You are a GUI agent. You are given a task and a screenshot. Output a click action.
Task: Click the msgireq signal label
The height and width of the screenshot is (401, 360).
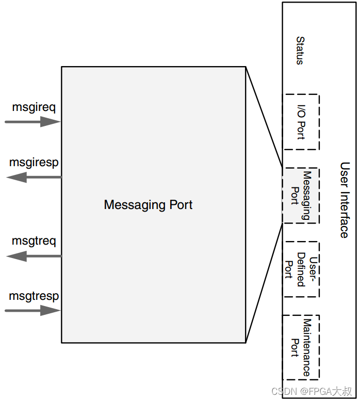34,107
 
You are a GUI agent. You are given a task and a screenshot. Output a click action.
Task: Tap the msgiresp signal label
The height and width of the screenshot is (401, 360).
34,163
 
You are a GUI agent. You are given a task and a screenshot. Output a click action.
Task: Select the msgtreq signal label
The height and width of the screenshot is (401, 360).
34,241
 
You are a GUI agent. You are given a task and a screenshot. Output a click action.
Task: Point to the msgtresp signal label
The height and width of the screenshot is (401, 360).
34,296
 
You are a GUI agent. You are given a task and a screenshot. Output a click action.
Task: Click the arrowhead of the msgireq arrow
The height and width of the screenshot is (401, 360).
51,122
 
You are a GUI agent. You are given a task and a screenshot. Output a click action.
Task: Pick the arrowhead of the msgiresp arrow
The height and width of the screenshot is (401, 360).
17,177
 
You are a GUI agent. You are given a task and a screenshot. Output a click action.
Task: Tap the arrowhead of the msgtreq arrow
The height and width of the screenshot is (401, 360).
17,256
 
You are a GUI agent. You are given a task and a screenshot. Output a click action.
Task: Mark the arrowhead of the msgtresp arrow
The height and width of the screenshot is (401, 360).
51,311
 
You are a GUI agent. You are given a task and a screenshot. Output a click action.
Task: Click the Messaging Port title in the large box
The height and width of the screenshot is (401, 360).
148,205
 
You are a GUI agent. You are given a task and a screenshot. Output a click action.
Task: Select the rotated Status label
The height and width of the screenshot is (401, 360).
300,51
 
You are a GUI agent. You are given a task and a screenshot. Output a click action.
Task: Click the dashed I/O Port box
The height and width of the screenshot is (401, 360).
301,122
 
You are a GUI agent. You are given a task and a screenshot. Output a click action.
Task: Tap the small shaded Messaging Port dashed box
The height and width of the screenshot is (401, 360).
301,196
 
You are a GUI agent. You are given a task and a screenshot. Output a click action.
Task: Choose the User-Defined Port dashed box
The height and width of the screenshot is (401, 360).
301,269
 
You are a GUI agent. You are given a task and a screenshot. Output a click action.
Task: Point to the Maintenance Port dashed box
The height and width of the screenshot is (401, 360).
301,347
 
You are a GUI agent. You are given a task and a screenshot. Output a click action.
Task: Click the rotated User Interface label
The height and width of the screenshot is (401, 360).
344,200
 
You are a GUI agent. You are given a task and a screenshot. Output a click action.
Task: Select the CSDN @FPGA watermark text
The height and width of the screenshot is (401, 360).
312,391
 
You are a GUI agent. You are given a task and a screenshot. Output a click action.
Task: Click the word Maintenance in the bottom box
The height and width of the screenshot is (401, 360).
307,347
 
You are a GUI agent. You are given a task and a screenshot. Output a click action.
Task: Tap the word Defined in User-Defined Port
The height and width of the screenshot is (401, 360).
301,269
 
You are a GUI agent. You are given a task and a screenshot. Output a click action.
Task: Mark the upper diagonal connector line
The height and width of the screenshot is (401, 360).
264,117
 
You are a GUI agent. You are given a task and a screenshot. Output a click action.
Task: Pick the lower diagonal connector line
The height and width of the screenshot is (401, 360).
264,283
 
